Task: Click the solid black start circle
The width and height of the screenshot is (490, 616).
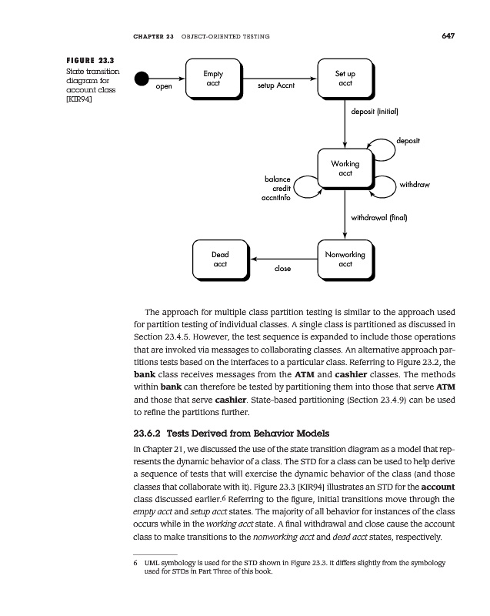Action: click(x=141, y=79)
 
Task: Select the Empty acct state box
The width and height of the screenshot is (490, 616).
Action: click(x=212, y=79)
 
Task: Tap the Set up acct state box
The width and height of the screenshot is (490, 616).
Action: click(x=345, y=79)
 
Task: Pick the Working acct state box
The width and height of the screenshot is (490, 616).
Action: click(x=345, y=169)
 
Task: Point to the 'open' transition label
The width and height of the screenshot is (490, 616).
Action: click(x=164, y=87)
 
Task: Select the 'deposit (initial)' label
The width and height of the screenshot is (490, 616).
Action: click(x=374, y=111)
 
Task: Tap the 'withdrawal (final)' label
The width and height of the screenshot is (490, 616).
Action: click(x=378, y=218)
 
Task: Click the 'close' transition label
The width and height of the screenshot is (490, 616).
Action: click(x=282, y=269)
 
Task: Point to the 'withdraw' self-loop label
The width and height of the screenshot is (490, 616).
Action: click(x=415, y=186)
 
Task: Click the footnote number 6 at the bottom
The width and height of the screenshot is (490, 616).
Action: click(x=135, y=564)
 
